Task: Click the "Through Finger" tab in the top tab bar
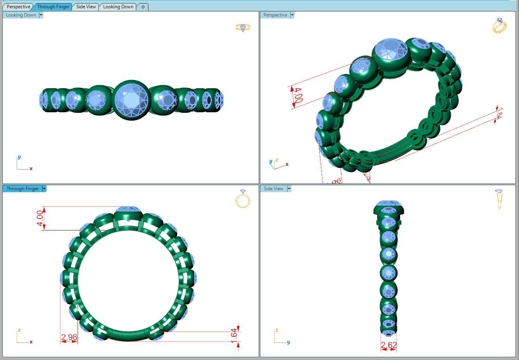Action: click(x=53, y=7)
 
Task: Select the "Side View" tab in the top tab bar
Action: click(x=86, y=7)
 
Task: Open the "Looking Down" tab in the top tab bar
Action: click(x=118, y=7)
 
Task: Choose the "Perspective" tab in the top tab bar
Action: click(x=18, y=7)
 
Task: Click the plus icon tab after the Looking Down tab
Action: click(x=143, y=7)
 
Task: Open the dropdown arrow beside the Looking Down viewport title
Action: click(x=41, y=15)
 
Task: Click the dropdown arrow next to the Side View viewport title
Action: click(x=289, y=189)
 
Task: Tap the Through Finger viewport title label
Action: click(x=22, y=189)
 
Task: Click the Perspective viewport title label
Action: click(x=275, y=15)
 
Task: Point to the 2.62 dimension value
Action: click(x=389, y=345)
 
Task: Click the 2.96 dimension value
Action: click(x=69, y=338)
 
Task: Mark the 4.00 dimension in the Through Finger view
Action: click(x=39, y=218)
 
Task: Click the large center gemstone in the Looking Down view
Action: click(x=131, y=100)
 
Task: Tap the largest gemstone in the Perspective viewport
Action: click(x=390, y=50)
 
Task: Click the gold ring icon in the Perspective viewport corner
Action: click(x=499, y=26)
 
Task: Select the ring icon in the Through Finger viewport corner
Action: click(x=243, y=199)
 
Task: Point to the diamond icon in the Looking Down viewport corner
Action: click(x=243, y=28)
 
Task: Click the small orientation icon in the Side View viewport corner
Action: click(x=499, y=199)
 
